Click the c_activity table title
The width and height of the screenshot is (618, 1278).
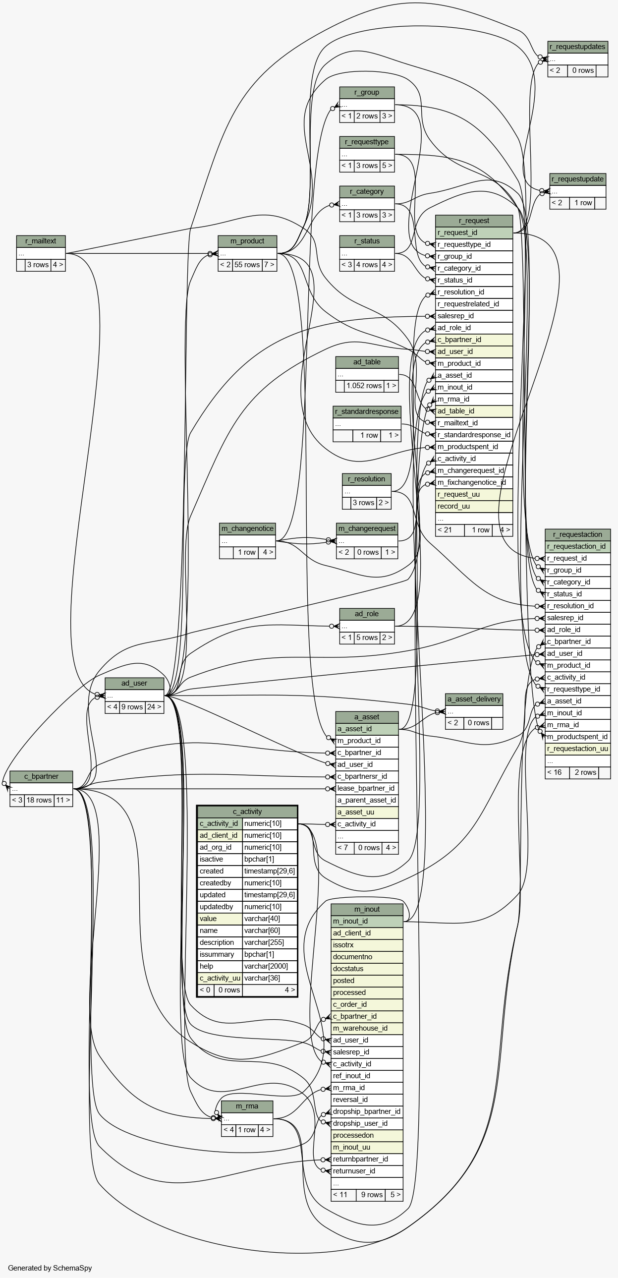pos(247,812)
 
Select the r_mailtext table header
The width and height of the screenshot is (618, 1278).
pos(41,241)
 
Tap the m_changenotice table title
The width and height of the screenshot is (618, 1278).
pos(247,528)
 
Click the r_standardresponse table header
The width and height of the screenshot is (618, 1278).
pos(367,411)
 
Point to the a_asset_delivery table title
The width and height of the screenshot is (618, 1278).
pos(474,699)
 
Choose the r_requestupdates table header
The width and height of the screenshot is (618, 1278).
pos(577,47)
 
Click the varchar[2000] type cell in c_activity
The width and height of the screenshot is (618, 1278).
pos(269,966)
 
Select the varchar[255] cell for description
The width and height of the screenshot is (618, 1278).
pos(269,942)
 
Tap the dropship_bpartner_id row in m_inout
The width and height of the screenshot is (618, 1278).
pos(367,1111)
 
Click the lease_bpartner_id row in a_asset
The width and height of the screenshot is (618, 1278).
pos(366,788)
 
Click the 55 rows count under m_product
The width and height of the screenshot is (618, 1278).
pos(247,265)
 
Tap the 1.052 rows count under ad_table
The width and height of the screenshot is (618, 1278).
pos(364,386)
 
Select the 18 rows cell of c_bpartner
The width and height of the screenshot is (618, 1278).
pos(39,800)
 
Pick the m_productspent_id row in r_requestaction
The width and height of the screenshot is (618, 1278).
pos(577,737)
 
